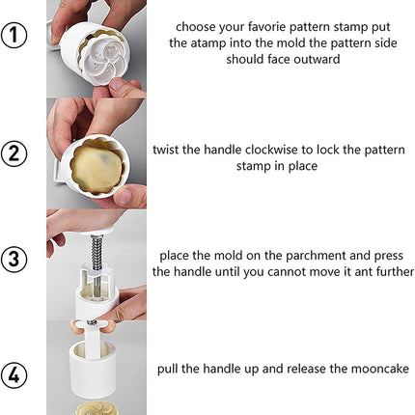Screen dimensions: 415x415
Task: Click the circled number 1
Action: click(x=14, y=35)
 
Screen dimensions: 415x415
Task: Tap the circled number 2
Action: click(x=14, y=153)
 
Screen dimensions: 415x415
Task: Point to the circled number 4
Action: click(x=14, y=375)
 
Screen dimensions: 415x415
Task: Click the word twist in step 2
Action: click(x=166, y=150)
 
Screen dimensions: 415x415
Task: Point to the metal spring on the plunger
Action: click(x=97, y=252)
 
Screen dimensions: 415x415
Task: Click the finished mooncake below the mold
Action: click(x=97, y=408)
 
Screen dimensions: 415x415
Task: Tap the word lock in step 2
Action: click(x=328, y=150)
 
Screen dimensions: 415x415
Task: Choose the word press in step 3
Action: click(x=388, y=257)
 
